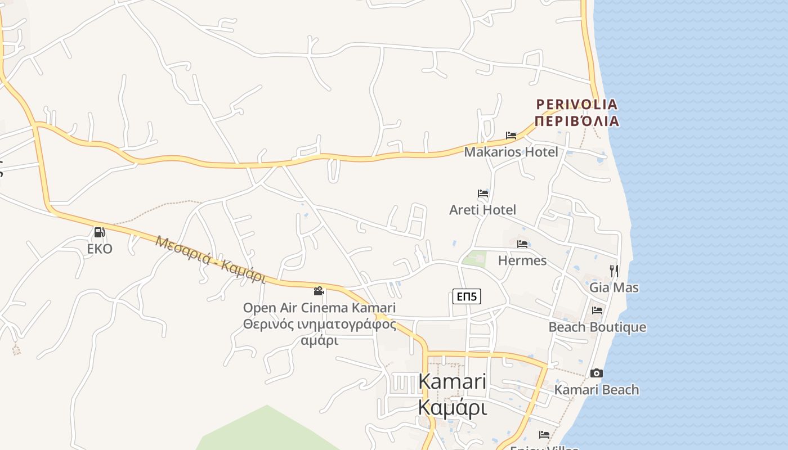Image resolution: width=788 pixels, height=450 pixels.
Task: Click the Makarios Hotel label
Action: (x=511, y=152)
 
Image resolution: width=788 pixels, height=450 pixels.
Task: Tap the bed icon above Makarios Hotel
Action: (x=511, y=136)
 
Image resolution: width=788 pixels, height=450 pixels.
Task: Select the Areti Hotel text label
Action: (x=482, y=210)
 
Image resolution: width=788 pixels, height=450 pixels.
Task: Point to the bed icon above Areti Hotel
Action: (x=483, y=193)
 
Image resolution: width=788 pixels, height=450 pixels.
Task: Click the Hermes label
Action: (x=522, y=260)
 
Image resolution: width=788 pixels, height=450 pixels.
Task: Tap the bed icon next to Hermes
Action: (x=522, y=244)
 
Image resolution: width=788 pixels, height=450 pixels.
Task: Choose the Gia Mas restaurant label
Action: (x=614, y=287)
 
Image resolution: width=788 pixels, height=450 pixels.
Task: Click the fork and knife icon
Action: (x=614, y=271)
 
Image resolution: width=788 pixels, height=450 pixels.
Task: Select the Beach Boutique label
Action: (x=597, y=327)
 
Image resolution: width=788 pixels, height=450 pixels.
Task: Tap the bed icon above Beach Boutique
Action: (x=597, y=310)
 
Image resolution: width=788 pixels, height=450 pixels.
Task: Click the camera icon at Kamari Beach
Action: (x=597, y=373)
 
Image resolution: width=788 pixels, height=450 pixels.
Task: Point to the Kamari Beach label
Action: (x=597, y=389)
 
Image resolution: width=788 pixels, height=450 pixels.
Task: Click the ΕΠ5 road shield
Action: (x=467, y=296)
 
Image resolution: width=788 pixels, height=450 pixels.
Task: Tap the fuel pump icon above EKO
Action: (x=100, y=232)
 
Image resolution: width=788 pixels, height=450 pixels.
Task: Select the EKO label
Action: (x=100, y=249)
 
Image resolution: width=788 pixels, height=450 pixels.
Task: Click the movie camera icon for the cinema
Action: (x=319, y=291)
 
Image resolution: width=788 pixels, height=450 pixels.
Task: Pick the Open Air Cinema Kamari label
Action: (x=319, y=308)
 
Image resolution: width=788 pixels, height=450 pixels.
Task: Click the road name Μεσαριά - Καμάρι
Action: (x=211, y=259)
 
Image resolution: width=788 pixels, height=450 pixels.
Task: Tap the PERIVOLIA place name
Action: (x=577, y=105)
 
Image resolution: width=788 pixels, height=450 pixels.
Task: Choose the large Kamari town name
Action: (x=453, y=381)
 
